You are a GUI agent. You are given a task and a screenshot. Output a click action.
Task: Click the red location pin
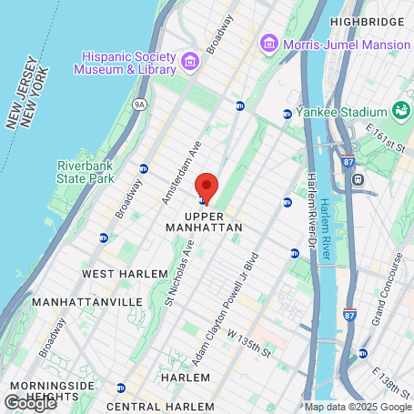tap(207, 187)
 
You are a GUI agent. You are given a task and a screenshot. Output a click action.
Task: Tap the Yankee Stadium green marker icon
tap(401, 111)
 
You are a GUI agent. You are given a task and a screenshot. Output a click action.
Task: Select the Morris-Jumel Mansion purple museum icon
tap(268, 43)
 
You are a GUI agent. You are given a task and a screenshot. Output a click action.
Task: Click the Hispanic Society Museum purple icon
tap(190, 61)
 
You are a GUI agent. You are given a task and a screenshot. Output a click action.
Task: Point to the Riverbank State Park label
tap(85, 172)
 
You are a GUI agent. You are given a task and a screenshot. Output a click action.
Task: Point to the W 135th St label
tap(249, 346)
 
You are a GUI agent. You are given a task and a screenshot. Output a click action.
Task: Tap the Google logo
tap(29, 403)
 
